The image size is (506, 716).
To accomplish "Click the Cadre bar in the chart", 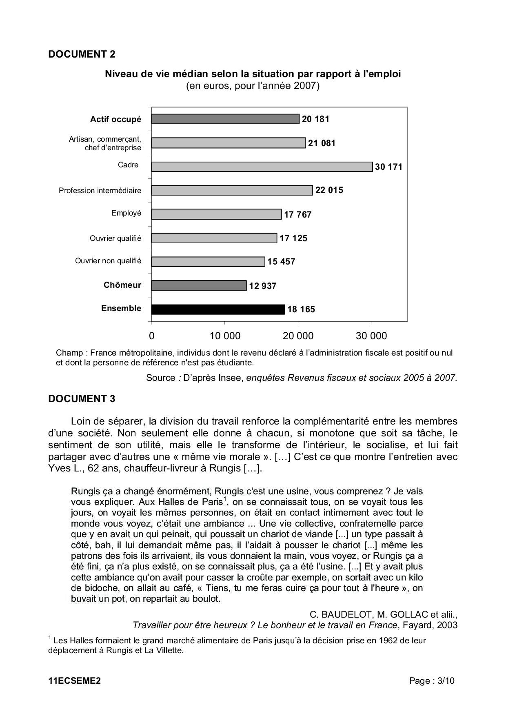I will [262, 167].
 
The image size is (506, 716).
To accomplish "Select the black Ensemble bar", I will [218, 309].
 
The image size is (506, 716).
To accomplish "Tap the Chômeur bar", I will [199, 285].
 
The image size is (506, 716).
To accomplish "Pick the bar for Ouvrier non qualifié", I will [208, 262].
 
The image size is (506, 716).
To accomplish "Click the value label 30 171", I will [388, 167].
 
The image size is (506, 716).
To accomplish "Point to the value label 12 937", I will [263, 286].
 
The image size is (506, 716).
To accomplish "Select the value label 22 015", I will [329, 190].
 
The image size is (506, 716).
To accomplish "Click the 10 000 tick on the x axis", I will [225, 336].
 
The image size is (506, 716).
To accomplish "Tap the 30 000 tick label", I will [371, 336].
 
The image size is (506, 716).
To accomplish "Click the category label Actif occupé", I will [115, 120].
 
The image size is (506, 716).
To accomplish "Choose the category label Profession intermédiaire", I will [100, 191].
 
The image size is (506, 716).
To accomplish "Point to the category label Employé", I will [126, 213].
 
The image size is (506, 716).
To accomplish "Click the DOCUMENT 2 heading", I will [82, 54].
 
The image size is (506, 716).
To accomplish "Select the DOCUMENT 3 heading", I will [82, 399].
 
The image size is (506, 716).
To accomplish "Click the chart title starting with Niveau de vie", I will [253, 74].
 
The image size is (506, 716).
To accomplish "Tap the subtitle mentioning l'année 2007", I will [253, 86].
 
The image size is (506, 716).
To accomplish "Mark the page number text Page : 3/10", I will [432, 681].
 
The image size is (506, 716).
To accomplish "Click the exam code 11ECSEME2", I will [74, 681].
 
